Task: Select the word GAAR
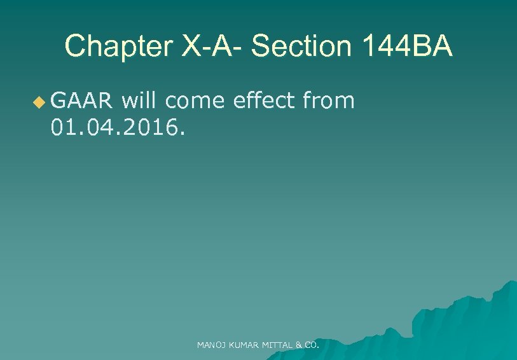coord(82,100)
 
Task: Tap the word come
coord(196,100)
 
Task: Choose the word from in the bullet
coord(329,100)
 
